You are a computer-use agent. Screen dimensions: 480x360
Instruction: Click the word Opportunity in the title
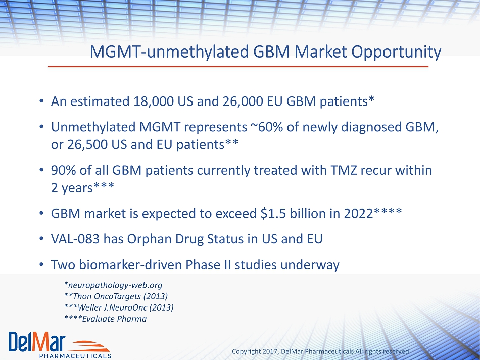396,52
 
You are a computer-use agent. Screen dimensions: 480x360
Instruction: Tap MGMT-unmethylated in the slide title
169,52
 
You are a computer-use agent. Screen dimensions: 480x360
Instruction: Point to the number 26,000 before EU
243,101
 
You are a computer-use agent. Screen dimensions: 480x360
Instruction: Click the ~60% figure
267,127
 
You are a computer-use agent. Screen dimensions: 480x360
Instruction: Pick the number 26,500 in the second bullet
87,145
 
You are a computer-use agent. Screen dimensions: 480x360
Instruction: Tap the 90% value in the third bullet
63,170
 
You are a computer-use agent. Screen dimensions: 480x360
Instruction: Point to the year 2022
358,213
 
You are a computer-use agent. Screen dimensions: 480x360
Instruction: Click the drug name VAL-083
75,239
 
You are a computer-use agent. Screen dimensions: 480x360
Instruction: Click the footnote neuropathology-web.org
115,285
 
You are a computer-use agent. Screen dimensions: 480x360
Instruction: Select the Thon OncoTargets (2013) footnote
120,296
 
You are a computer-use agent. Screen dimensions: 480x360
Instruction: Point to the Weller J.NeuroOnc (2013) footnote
125,307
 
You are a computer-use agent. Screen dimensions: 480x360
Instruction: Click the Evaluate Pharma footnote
114,319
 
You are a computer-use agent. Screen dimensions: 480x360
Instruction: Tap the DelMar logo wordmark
37,342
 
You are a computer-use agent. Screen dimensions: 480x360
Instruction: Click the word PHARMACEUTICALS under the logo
75,356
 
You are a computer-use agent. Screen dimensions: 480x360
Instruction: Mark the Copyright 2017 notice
320,352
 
